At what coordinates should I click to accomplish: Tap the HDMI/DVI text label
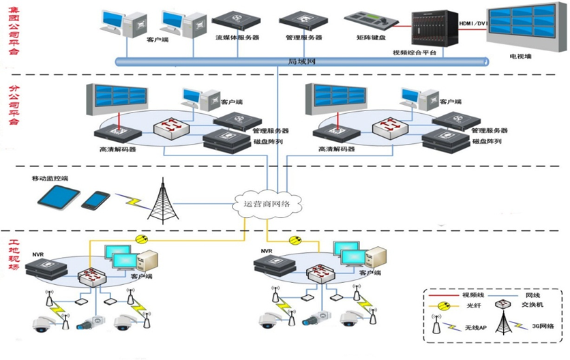coord(473,23)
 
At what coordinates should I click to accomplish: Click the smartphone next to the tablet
coord(95,200)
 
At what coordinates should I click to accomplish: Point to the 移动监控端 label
coord(50,179)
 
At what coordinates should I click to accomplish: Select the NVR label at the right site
coord(267,251)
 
